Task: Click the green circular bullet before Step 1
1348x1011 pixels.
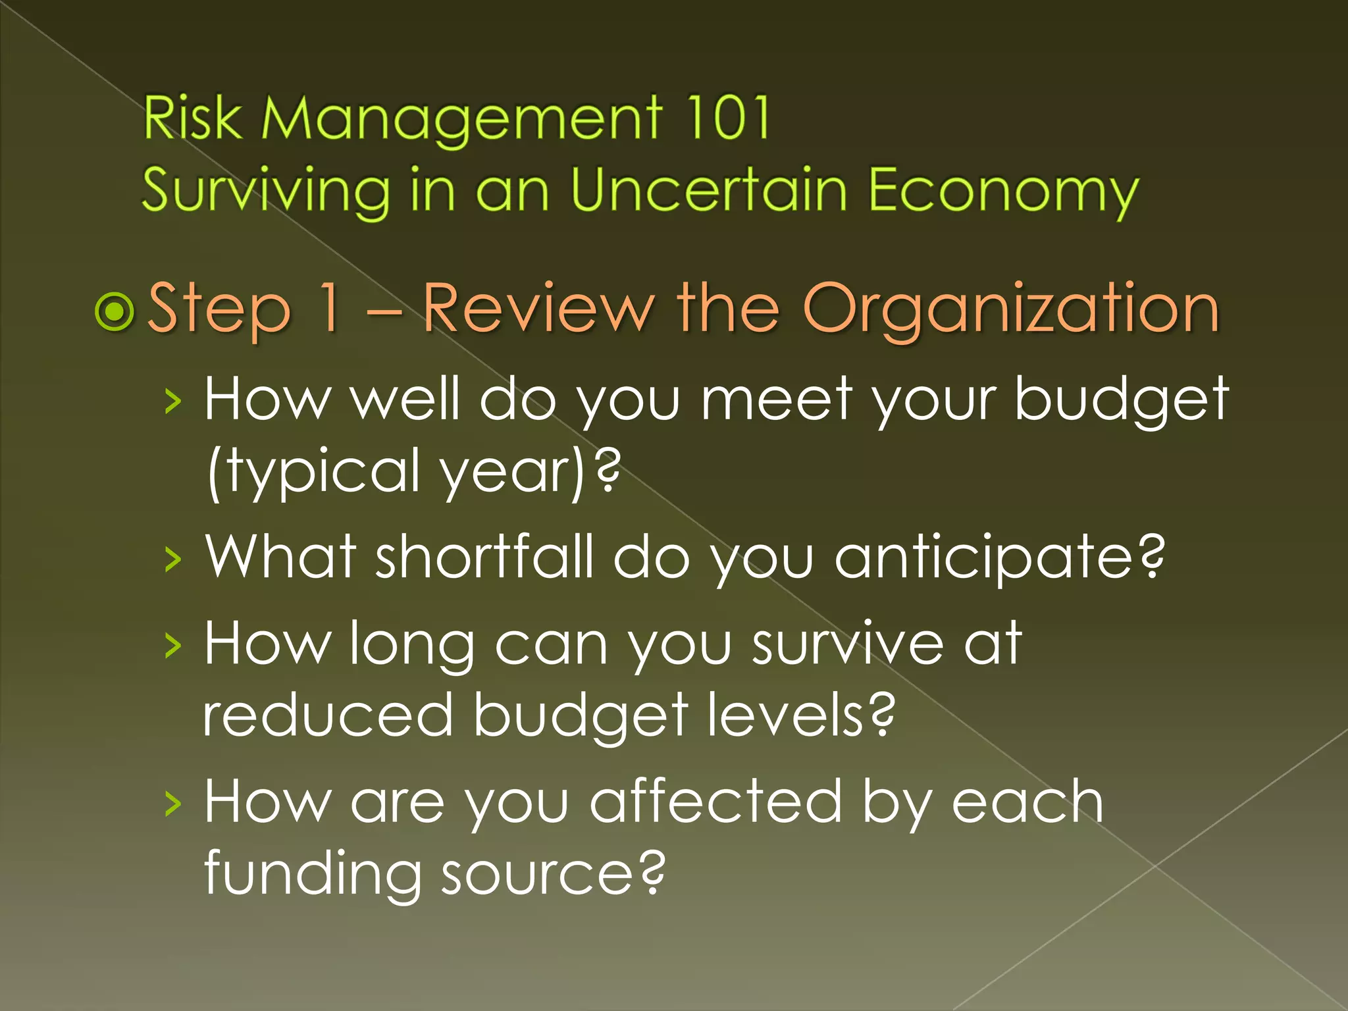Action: click(x=115, y=311)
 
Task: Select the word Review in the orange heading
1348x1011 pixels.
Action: click(x=538, y=308)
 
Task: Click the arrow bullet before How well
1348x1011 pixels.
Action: click(x=172, y=401)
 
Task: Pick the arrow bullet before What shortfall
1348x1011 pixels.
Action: click(x=172, y=559)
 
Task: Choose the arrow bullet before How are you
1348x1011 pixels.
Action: click(x=172, y=804)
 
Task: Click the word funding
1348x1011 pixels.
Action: click(x=313, y=874)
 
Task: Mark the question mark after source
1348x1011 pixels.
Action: click(x=652, y=871)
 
